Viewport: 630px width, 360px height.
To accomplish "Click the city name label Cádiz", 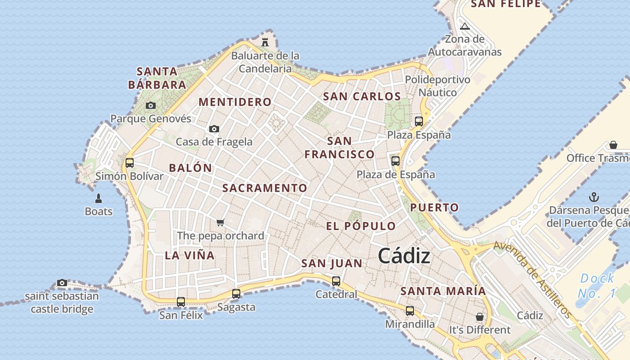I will pos(404,256).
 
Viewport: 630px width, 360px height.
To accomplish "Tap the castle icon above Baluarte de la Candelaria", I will pos(265,42).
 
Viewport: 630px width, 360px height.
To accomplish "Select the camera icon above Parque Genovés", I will pos(151,105).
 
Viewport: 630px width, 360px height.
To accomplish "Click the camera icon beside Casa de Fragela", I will pos(214,129).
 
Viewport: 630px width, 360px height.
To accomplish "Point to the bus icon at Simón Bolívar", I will pos(130,162).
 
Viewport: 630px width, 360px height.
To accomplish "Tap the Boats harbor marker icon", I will pos(99,198).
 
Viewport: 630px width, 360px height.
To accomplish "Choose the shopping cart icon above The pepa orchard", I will pos(220,222).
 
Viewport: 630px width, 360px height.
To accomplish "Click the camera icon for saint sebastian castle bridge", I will pos(62,283).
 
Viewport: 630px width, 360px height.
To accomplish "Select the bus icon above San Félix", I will pos(181,302).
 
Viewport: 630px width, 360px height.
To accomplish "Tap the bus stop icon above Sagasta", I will pos(236,294).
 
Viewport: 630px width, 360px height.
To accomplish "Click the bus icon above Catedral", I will pos(336,281).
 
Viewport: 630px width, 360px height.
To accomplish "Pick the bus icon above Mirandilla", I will pos(410,310).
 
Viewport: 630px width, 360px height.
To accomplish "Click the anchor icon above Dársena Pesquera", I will pos(594,197).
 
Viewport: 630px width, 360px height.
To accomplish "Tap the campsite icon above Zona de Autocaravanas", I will pos(465,26).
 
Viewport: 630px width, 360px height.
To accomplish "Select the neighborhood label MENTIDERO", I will pos(235,102).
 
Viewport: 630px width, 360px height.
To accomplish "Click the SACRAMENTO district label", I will pos(265,188).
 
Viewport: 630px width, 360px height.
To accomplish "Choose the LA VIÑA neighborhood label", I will pos(189,256).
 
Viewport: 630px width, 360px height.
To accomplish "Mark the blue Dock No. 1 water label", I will pos(596,286).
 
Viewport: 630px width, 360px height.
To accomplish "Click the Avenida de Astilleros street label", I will pos(533,279).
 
